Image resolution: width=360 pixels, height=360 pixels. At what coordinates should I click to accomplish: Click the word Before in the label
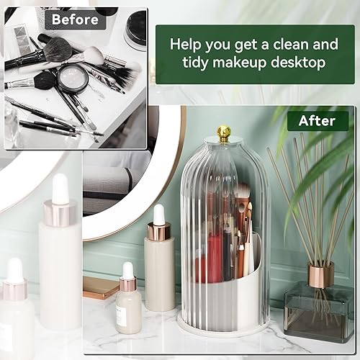[x=75, y=19]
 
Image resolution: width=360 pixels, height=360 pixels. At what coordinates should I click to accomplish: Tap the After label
[x=317, y=121]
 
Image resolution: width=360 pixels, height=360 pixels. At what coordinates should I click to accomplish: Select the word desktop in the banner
[x=298, y=62]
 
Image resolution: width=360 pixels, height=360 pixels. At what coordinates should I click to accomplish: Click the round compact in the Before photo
[x=73, y=79]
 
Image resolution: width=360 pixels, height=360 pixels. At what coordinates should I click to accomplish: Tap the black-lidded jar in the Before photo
[x=136, y=29]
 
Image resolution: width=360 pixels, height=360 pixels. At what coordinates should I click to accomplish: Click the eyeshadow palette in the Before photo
[x=22, y=39]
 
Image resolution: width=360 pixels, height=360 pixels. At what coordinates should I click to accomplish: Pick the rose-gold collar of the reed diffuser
[x=321, y=274]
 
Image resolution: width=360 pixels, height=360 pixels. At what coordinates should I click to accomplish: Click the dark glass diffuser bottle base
[x=319, y=312]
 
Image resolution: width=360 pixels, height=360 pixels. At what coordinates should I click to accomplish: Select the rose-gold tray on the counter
[x=101, y=287]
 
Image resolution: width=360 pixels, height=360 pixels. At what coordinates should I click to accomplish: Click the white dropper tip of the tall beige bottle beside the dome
[x=158, y=214]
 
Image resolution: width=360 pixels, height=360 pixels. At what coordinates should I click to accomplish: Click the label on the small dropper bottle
[x=120, y=317]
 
